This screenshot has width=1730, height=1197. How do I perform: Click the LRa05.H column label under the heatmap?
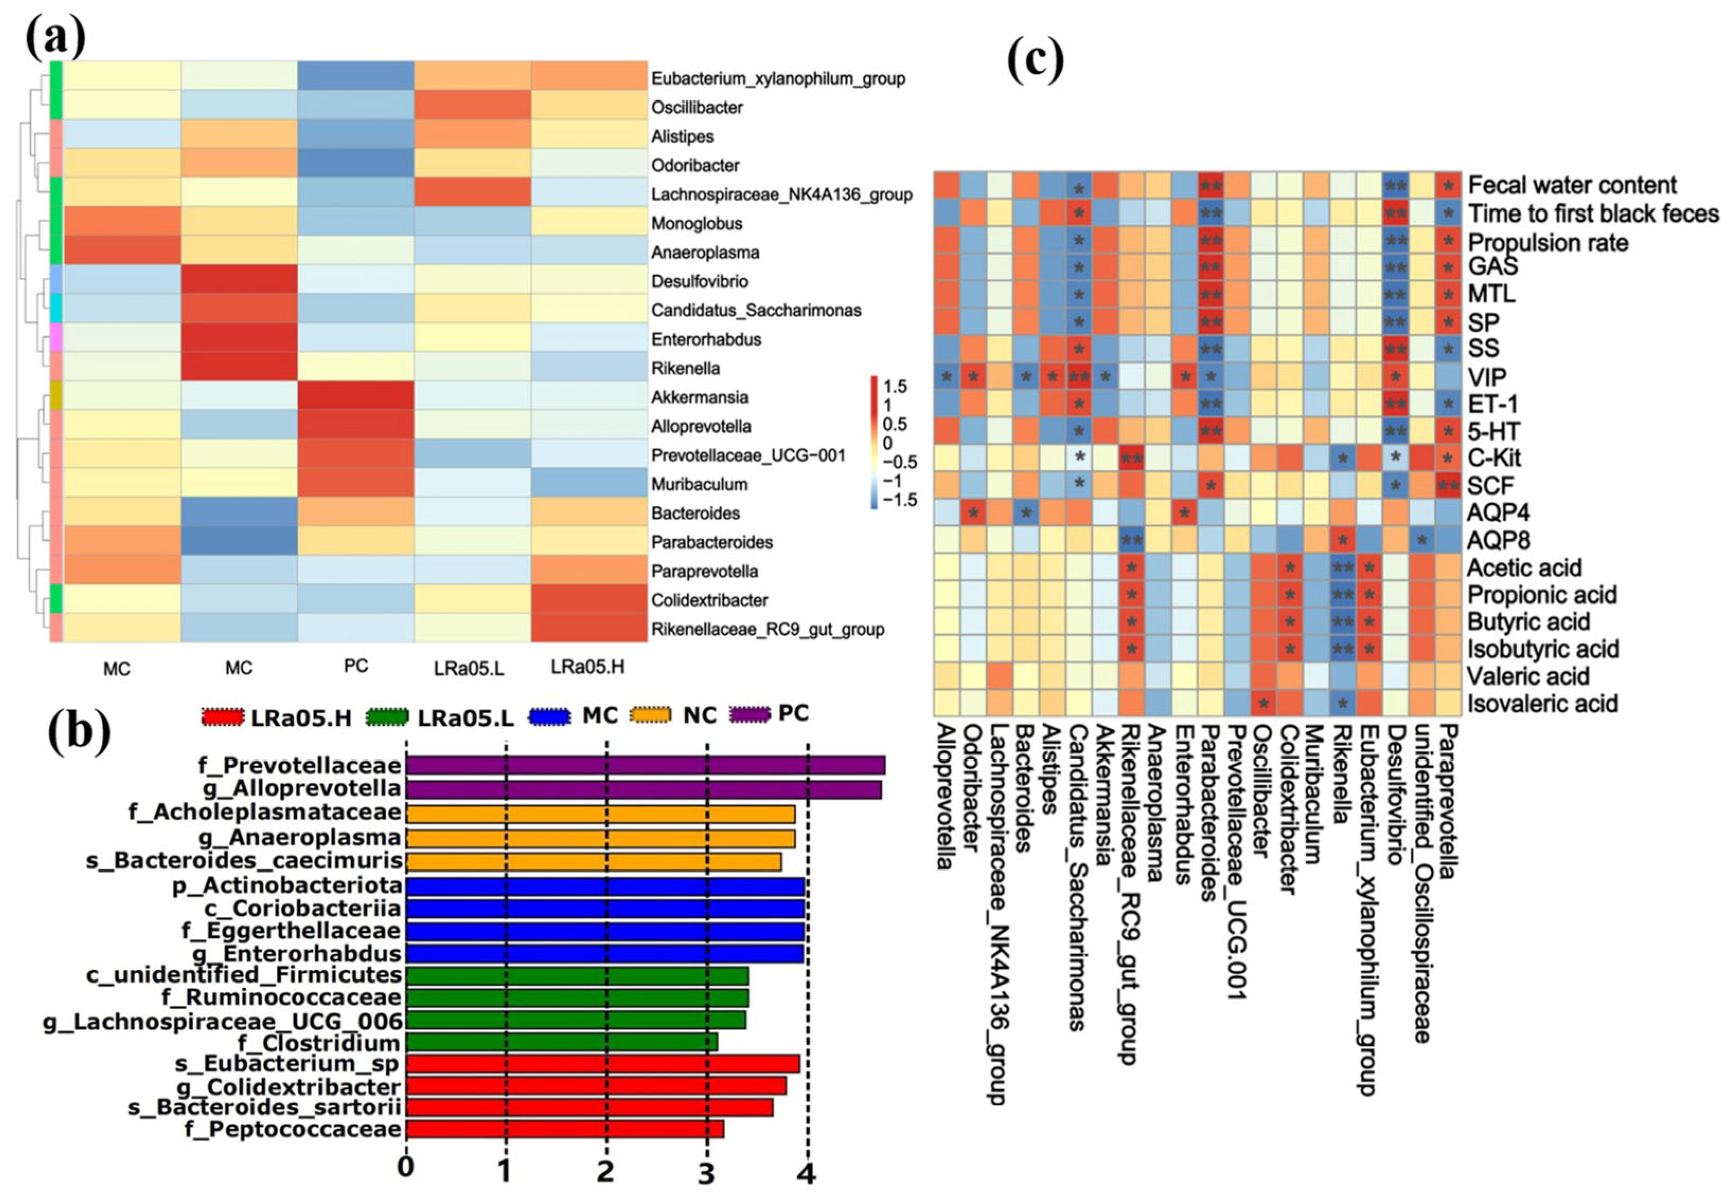[x=587, y=667]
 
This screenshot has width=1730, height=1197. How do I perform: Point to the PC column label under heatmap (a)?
[x=355, y=666]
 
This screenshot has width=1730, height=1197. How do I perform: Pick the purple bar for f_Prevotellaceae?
[x=645, y=765]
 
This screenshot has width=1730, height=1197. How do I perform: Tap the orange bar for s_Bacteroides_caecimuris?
[x=593, y=861]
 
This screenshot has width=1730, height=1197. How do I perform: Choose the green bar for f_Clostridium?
[x=562, y=1042]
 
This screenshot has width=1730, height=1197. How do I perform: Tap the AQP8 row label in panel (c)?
[x=1498, y=541]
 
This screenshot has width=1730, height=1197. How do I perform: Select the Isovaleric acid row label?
[x=1542, y=704]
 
